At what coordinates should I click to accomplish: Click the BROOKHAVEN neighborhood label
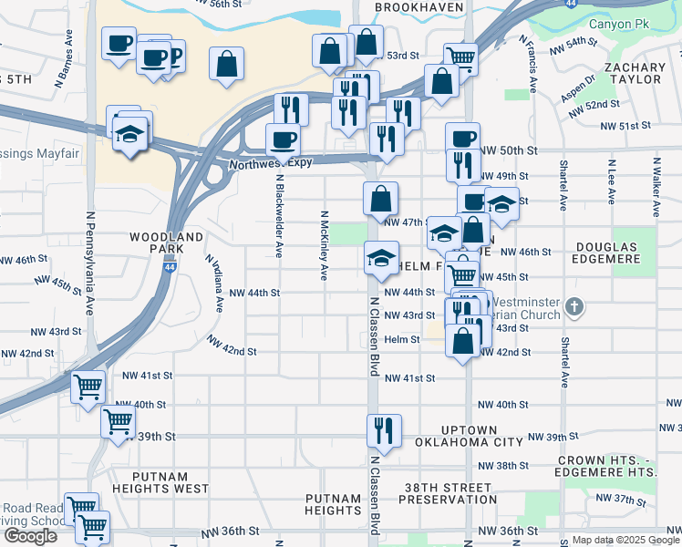419,6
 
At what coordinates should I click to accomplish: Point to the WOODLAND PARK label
165,243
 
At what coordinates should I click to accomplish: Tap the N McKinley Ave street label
322,246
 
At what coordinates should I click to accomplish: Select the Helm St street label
401,339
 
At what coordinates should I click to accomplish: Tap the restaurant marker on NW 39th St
384,430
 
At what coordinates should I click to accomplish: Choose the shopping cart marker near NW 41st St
88,387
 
